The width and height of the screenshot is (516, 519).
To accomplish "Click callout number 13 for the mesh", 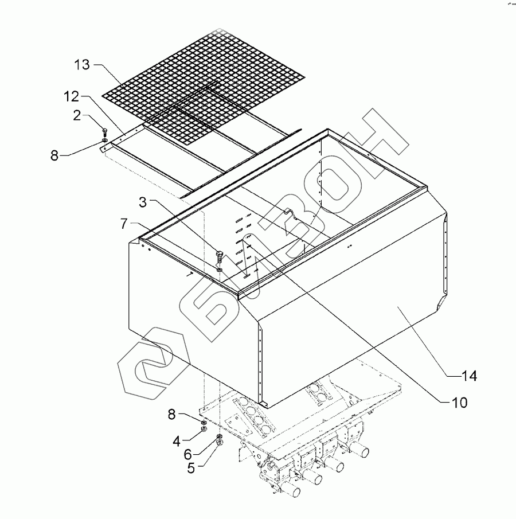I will tap(83, 64).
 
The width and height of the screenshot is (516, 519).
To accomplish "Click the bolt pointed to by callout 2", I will tap(104, 131).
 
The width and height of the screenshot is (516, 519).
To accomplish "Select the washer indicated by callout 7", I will tap(220, 268).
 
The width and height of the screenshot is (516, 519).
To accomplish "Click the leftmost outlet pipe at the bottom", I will tap(292, 492).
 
